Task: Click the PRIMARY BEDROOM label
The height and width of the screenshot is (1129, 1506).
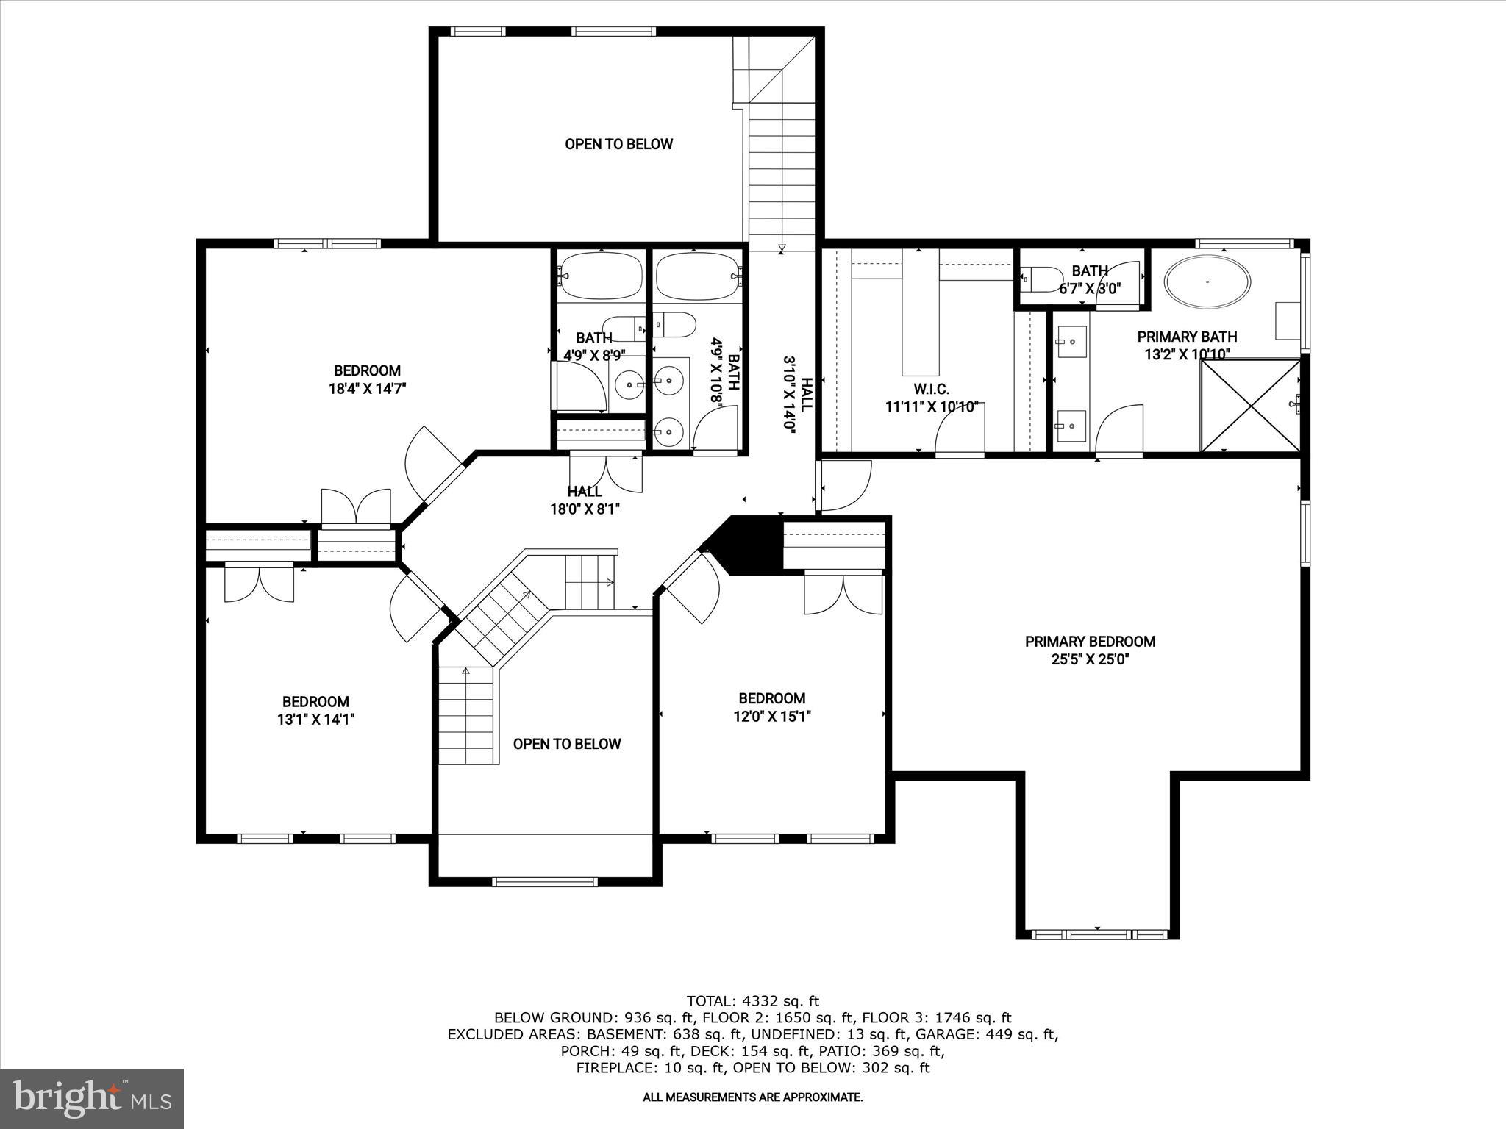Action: click(1090, 642)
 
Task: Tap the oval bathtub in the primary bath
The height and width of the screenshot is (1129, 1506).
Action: click(1207, 281)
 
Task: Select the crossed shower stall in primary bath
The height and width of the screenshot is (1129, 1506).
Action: click(1250, 405)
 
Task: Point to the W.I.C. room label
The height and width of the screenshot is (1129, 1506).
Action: click(931, 389)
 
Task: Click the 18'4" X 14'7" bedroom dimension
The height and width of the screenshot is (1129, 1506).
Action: click(367, 389)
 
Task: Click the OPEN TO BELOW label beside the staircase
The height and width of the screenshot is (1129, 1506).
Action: click(566, 744)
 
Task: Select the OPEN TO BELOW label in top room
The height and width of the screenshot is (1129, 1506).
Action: click(618, 144)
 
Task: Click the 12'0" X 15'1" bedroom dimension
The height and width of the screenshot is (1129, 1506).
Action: click(771, 717)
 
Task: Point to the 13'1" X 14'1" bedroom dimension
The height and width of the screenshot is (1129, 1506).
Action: click(315, 720)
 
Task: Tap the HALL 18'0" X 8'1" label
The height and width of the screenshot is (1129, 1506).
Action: click(585, 501)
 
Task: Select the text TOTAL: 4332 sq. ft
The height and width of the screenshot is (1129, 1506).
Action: click(752, 1001)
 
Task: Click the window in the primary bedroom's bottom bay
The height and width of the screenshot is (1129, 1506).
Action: click(1097, 934)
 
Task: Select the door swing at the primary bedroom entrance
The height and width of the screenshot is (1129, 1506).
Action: click(846, 485)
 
